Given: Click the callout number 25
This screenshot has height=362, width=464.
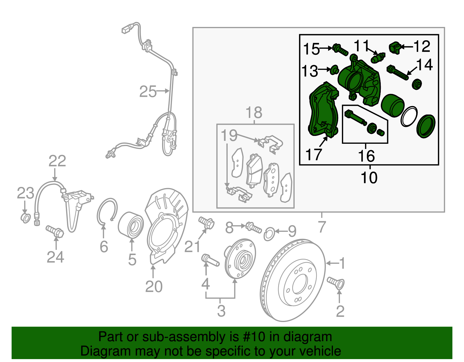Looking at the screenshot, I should point(148,92).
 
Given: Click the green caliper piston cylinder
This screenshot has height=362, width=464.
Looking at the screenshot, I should point(392,105).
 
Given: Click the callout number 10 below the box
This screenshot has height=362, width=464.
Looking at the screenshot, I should point(369,177).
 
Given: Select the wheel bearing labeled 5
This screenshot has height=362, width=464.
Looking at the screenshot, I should point(131,225).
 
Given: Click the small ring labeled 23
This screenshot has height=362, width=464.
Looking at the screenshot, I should point(26,218).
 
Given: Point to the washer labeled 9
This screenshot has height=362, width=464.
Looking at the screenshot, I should point(269,234).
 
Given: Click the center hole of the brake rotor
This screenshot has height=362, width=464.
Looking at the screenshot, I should point(300,284).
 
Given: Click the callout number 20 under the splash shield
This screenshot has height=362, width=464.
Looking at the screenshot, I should point(154,286).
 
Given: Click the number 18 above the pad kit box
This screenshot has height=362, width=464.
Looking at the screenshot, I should point(254,112).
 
